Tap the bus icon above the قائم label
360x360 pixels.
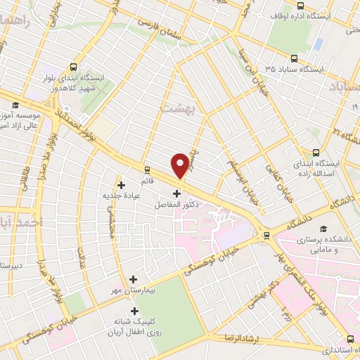coord(147,169)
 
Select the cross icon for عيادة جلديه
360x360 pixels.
coord(122,185)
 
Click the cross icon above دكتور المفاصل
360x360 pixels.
coord(176,193)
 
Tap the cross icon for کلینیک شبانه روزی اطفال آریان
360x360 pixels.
coord(134,311)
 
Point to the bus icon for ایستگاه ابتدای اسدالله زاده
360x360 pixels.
coord(316,152)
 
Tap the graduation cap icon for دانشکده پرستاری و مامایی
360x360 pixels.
coord(323,229)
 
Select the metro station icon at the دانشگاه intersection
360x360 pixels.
coord(265,235)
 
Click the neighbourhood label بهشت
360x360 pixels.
coord(176,108)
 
